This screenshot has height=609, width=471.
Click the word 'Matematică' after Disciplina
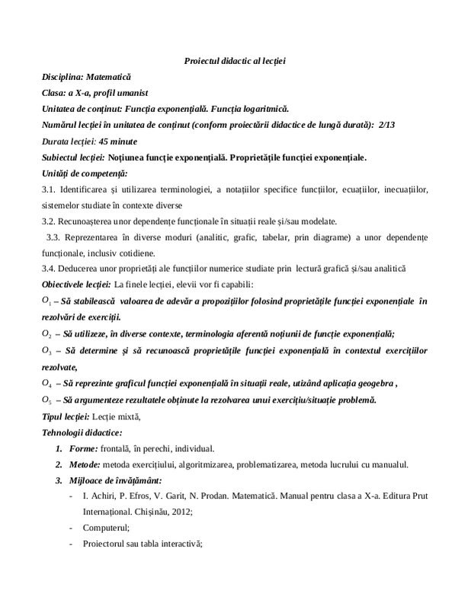pos(110,77)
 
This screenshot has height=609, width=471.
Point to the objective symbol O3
pos(46,350)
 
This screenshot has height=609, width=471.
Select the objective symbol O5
pos(46,400)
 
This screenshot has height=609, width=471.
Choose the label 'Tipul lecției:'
pos(66,416)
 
